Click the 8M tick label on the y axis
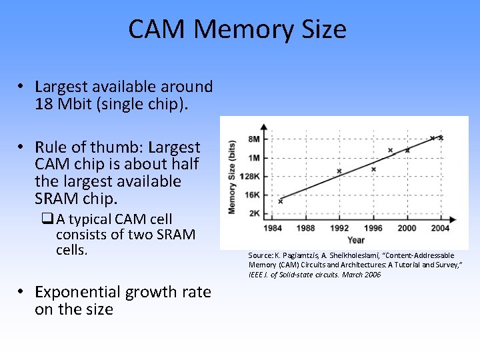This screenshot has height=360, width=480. tap(253, 139)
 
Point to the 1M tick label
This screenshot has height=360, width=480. tap(253, 158)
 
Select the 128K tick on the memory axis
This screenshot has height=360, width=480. tap(250, 176)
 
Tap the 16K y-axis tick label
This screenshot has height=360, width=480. tap(252, 195)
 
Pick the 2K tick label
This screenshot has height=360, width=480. tap(253, 213)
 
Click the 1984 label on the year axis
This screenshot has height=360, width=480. tap(273, 228)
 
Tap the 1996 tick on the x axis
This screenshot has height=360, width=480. tap(373, 228)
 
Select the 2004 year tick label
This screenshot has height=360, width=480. tap(441, 228)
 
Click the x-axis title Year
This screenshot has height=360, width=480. tap(356, 239)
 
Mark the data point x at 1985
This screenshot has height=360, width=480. tap(281, 201)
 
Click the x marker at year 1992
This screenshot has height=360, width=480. tap(339, 171)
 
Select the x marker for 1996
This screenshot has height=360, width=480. tap(373, 169)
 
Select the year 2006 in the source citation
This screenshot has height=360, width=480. tap(372, 275)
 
